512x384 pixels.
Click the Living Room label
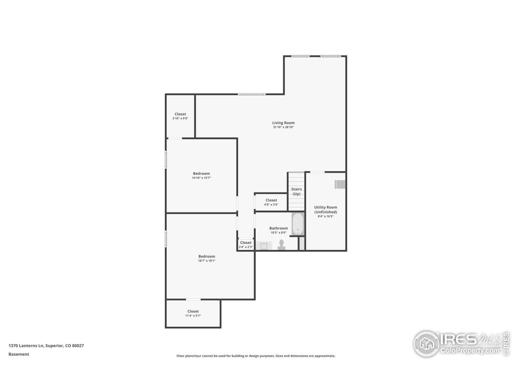(283, 123)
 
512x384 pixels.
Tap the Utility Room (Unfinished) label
(325, 210)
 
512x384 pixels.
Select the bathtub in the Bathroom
(298, 224)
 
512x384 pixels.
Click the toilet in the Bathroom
(281, 245)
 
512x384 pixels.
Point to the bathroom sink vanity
(263, 246)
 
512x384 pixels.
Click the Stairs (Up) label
(296, 192)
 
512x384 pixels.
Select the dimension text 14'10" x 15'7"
(201, 178)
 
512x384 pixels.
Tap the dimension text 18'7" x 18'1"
(207, 261)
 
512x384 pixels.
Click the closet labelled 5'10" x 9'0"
(180, 116)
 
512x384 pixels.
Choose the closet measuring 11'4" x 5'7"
(193, 313)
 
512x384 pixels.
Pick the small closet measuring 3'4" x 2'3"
(245, 245)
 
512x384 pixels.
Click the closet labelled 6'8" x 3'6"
(271, 202)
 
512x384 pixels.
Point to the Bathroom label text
(278, 228)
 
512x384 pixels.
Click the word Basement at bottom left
(19, 354)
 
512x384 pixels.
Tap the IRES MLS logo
(461, 343)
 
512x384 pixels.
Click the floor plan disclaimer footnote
(256, 356)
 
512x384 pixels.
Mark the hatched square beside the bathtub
(301, 243)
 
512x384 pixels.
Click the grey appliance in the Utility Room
(340, 184)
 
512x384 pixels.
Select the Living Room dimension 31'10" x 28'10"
(283, 127)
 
